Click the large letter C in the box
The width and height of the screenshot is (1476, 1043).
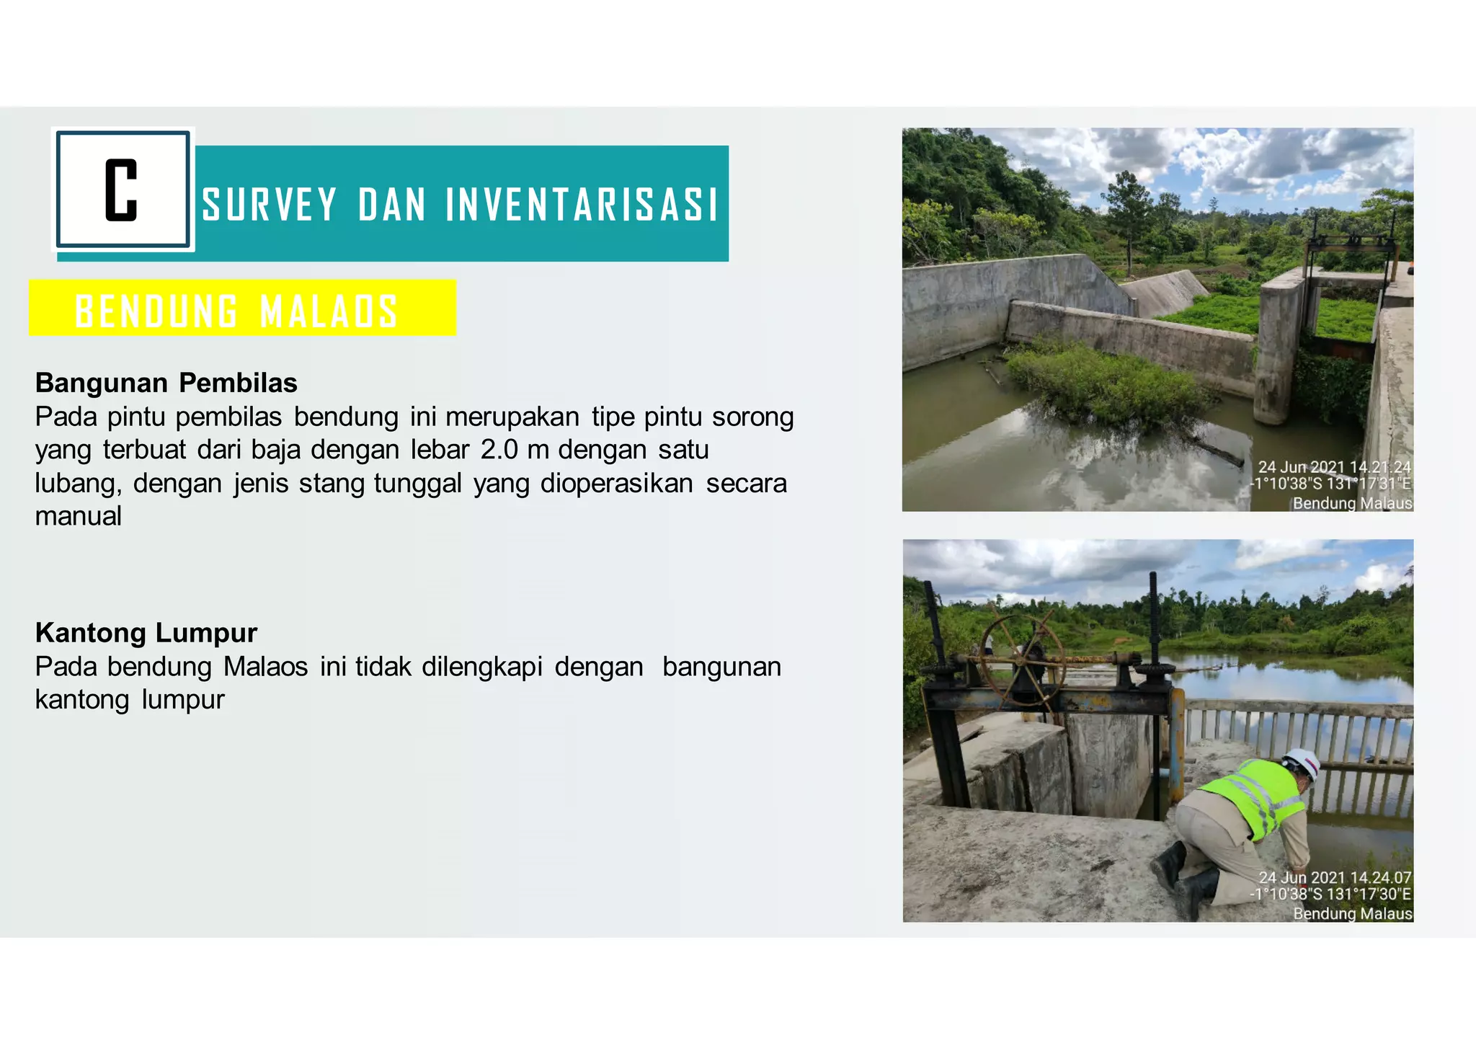121,190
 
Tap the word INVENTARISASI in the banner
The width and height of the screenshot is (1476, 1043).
582,205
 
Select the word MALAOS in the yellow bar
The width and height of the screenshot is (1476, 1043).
329,311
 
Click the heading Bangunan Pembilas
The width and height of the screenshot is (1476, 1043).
166,383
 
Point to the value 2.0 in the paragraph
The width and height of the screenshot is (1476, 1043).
499,450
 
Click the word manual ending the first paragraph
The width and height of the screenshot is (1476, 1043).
79,516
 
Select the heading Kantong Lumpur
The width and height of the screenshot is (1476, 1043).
146,633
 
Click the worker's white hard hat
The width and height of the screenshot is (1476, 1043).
1302,763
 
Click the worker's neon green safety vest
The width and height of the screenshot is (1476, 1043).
1255,796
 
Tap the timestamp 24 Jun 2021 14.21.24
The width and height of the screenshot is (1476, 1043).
1334,467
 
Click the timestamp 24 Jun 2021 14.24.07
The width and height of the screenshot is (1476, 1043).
1335,877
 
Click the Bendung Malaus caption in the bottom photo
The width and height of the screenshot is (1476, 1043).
1352,913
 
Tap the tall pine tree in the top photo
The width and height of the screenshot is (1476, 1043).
1128,209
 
